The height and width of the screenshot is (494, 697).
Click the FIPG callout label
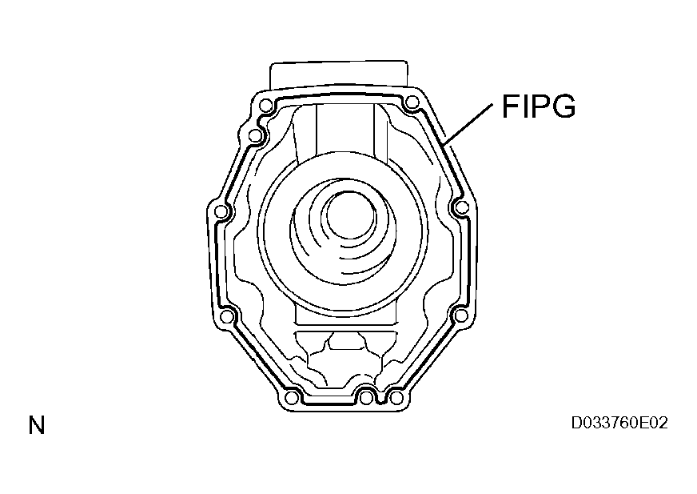[539, 106]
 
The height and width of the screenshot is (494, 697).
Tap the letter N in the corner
[37, 425]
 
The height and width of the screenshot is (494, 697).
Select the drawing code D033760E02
[619, 423]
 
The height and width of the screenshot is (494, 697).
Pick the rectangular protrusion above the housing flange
[339, 77]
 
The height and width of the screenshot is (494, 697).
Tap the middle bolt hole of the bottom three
[366, 397]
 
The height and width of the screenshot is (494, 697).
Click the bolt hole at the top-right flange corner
[412, 103]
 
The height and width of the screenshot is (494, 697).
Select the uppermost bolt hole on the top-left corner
[266, 106]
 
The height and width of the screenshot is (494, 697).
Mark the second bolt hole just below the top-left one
[254, 135]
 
